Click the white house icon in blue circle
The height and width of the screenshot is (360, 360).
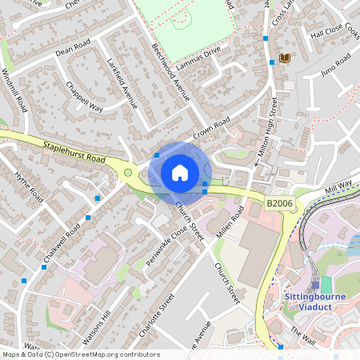point(180,173)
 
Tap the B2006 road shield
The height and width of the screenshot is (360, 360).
point(279,205)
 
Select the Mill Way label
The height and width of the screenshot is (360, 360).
point(338,186)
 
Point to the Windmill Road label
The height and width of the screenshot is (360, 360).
point(15,90)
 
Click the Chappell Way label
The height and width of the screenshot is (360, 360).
point(85,95)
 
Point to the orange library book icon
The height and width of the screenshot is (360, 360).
point(284,58)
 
